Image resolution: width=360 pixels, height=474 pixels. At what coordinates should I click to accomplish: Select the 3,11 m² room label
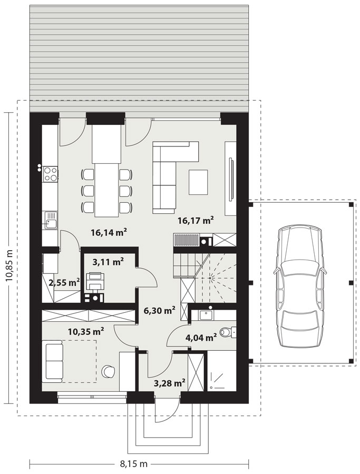[108, 262]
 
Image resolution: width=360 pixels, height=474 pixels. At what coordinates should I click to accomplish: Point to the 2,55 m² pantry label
[64, 283]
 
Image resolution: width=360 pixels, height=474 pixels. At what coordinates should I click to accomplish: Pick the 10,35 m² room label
[86, 332]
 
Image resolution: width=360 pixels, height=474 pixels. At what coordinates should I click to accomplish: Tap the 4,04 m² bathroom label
[201, 337]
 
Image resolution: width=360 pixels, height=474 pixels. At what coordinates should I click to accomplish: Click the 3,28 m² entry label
[170, 383]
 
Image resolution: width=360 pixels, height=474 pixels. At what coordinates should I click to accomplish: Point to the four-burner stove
[50, 174]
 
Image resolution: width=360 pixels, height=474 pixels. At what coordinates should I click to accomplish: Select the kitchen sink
[50, 220]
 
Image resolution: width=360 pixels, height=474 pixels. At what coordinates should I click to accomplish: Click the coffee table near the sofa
[199, 182]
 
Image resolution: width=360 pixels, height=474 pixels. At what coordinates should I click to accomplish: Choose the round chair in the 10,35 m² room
[108, 371]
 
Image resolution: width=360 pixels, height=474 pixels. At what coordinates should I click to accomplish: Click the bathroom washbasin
[207, 314]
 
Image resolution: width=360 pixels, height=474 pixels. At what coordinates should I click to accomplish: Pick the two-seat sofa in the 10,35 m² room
[54, 361]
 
